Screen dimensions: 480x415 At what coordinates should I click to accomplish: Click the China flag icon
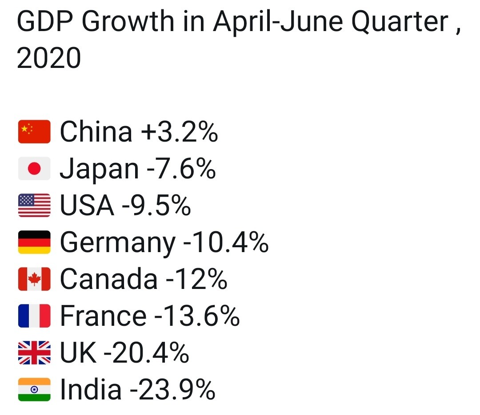34,131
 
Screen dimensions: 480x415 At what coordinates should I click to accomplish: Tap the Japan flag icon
34,169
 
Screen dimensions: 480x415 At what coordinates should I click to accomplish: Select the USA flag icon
34,205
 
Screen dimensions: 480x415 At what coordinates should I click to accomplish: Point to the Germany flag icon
34,242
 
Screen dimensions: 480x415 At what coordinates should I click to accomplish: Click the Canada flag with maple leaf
34,279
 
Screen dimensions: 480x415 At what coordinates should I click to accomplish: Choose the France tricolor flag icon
34,316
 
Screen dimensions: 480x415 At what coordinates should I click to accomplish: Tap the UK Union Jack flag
34,352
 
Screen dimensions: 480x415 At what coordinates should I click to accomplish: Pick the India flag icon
34,389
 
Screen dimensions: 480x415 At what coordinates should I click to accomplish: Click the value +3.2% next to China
179,132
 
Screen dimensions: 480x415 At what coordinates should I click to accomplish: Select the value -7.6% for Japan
181,169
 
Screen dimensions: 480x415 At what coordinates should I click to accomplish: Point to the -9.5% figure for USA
156,205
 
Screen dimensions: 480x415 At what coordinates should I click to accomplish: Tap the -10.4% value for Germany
226,242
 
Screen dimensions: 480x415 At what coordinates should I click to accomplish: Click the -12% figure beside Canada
196,279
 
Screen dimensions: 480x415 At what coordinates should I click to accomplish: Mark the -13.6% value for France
197,316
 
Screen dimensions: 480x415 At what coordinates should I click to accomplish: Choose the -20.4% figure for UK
146,352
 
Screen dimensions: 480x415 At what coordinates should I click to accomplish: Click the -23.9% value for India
172,389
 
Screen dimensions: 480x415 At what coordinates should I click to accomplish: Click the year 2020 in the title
49,58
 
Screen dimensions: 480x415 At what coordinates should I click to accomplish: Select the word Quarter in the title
400,22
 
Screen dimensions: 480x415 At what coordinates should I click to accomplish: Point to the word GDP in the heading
45,21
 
